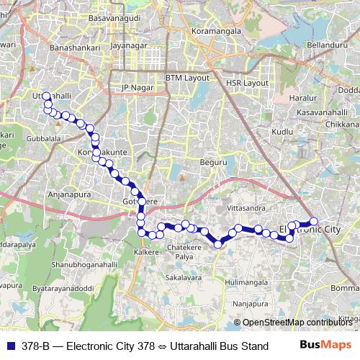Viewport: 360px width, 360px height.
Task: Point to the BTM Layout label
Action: coord(186,78)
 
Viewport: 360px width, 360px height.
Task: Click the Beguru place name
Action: coord(214,162)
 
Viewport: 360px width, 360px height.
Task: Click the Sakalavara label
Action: coord(183,276)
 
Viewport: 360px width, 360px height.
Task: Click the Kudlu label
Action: coord(283,132)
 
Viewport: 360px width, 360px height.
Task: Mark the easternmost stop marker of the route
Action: coord(314,222)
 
